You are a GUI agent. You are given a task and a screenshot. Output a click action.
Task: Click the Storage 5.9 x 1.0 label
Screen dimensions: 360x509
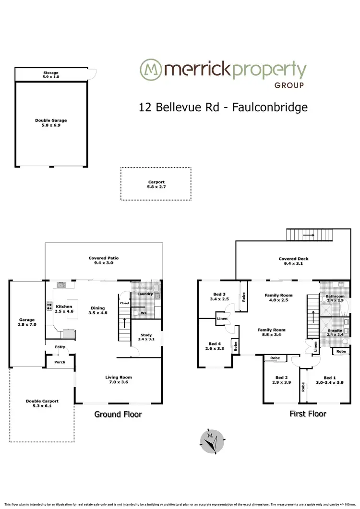pos(50,75)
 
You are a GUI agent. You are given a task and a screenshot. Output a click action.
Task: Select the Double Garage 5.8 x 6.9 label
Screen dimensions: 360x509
pos(50,123)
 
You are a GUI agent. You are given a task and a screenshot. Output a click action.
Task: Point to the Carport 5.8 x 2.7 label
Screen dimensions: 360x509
pos(156,185)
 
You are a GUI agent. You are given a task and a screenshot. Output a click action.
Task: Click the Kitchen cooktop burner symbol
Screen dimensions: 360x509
pos(49,306)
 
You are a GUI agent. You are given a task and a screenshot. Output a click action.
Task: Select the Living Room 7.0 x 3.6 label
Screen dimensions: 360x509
pos(118,380)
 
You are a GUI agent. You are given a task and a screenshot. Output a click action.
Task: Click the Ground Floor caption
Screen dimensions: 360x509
pos(118,414)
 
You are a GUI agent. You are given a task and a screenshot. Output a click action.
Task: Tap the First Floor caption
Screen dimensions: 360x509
pos(308,414)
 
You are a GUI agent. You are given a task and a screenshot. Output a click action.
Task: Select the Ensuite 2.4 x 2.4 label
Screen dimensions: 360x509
pos(336,332)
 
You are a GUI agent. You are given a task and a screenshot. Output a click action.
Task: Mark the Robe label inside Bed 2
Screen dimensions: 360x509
pos(275,358)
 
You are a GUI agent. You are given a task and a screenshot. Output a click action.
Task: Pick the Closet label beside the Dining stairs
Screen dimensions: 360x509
pos(125,304)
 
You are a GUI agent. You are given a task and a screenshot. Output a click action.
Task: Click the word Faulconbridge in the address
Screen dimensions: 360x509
pos(270,107)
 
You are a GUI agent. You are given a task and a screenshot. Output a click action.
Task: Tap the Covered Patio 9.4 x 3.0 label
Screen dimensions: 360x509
pos(104,260)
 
